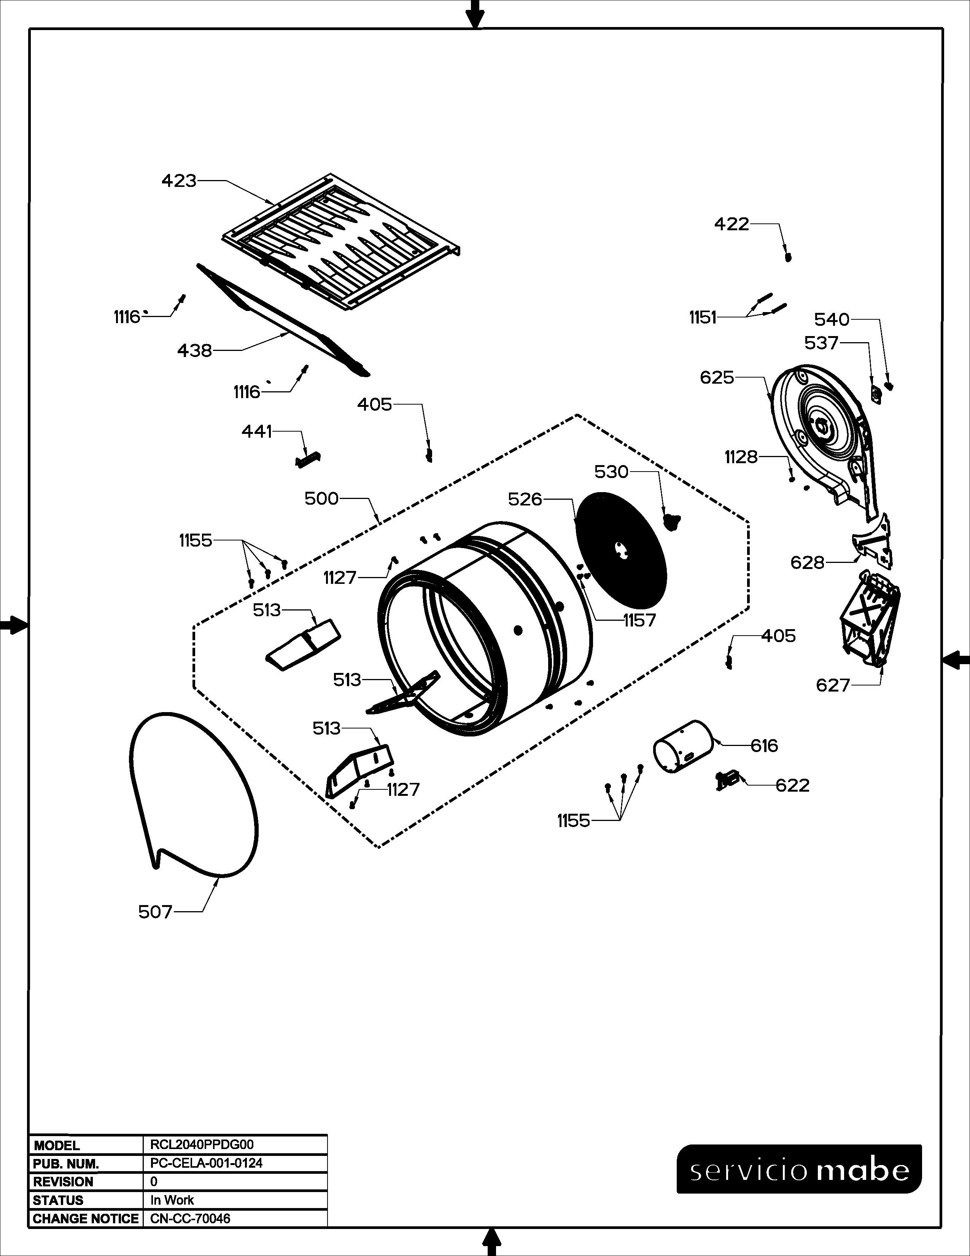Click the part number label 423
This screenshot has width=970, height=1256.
pos(179,181)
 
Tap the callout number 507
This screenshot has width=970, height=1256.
pos(155,912)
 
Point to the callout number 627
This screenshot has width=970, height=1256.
pos(833,685)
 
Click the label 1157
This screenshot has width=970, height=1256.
pos(639,620)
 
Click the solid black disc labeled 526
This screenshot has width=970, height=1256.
pos(621,549)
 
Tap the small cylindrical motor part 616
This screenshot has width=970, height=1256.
pos(683,746)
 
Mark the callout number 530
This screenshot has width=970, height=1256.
pos(611,472)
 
